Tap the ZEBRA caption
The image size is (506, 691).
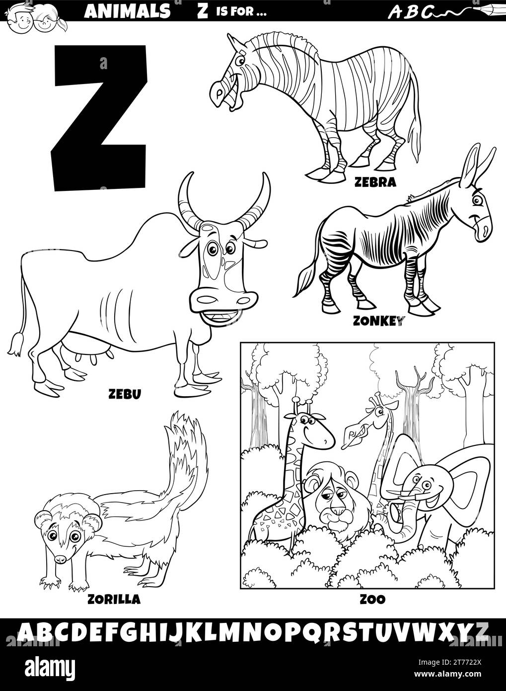(x=375, y=182)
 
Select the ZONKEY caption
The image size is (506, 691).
(x=377, y=320)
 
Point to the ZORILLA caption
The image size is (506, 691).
(x=113, y=599)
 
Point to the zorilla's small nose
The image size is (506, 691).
(x=60, y=559)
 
